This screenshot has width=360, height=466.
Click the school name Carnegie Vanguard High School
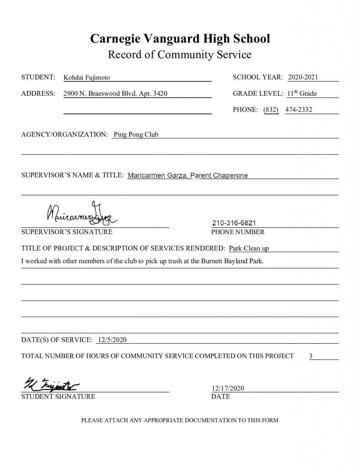pos(180,38)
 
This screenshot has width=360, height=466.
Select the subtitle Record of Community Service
pos(180,55)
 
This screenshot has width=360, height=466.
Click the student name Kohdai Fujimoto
pos(87,78)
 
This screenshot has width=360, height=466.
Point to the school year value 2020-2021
pos(303,77)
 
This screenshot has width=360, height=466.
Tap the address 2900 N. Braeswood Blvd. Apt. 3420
pos(115,94)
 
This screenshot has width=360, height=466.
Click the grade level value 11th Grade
pos(302,94)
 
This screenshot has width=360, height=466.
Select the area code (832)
pos(271,110)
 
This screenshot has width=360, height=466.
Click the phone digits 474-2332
pos(298,110)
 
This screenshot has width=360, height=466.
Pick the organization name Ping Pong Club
pos(136,135)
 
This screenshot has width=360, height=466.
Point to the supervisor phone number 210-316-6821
pos(234,223)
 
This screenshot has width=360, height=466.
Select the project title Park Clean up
pos(249,249)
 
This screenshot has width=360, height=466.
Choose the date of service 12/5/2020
pos(112,340)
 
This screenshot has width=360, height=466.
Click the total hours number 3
pos(311,356)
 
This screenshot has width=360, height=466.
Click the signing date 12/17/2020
pos(228,388)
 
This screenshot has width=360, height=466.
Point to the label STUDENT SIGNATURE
pos(58,396)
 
